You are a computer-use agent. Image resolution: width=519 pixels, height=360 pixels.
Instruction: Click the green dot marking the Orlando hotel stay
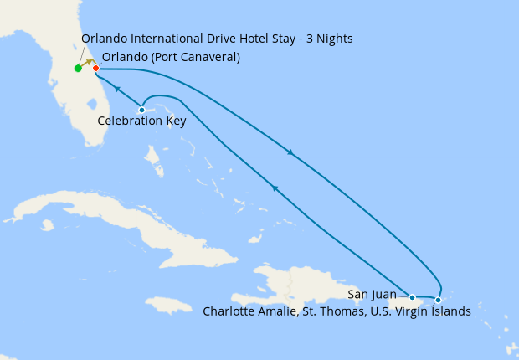(x=78, y=69)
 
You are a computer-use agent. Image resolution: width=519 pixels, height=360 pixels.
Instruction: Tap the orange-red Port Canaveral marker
(x=96, y=68)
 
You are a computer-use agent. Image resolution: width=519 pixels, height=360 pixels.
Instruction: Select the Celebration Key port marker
(x=141, y=110)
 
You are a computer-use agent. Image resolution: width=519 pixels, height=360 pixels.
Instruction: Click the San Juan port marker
(x=412, y=296)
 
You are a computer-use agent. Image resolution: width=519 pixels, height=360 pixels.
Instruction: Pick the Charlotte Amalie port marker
(x=438, y=300)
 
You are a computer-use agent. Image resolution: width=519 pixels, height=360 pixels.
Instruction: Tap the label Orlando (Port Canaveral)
(x=171, y=57)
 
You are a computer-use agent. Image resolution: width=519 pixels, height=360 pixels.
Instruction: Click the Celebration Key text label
(x=141, y=121)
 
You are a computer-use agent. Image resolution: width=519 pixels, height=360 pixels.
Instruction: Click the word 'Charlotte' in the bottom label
(x=230, y=311)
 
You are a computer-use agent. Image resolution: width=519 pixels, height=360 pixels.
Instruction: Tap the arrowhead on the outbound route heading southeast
(x=290, y=152)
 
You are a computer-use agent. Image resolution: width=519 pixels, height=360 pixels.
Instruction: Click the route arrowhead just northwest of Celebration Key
(x=117, y=89)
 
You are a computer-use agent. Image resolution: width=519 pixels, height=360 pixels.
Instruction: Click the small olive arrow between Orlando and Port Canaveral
(x=88, y=63)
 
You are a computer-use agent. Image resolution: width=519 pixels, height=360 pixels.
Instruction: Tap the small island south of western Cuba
(x=47, y=225)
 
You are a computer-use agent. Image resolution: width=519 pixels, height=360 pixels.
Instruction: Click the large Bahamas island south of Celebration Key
(x=154, y=156)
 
